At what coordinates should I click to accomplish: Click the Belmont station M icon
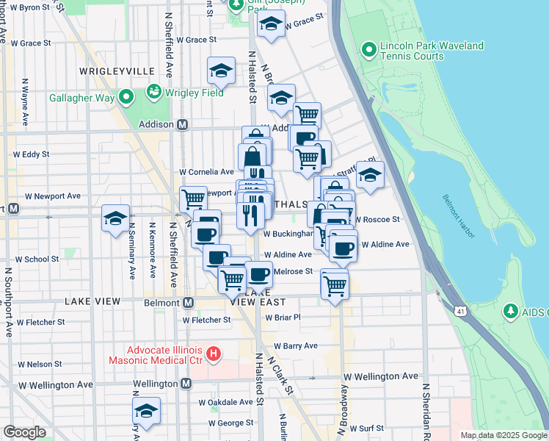(188, 302)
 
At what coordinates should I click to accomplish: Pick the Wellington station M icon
(186, 384)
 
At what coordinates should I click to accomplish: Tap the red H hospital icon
(214, 354)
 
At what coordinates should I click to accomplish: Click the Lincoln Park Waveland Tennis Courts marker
(369, 51)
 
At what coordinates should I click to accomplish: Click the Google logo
(24, 431)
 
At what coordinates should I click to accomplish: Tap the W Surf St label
(367, 428)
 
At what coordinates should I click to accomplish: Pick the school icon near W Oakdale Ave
(146, 412)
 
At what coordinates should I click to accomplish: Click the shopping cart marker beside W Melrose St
(334, 284)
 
